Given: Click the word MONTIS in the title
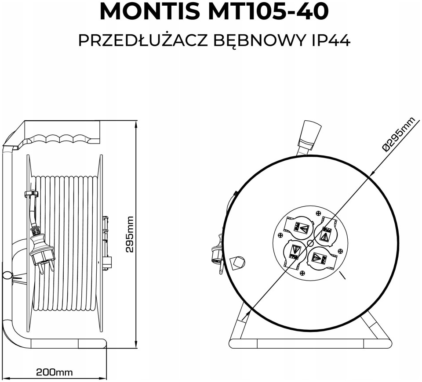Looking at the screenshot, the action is click(x=150, y=12).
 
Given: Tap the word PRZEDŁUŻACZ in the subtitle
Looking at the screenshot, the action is click(x=142, y=40).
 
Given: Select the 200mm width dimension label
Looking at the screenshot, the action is click(x=55, y=372).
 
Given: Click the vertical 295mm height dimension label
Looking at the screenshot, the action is click(x=130, y=234).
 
